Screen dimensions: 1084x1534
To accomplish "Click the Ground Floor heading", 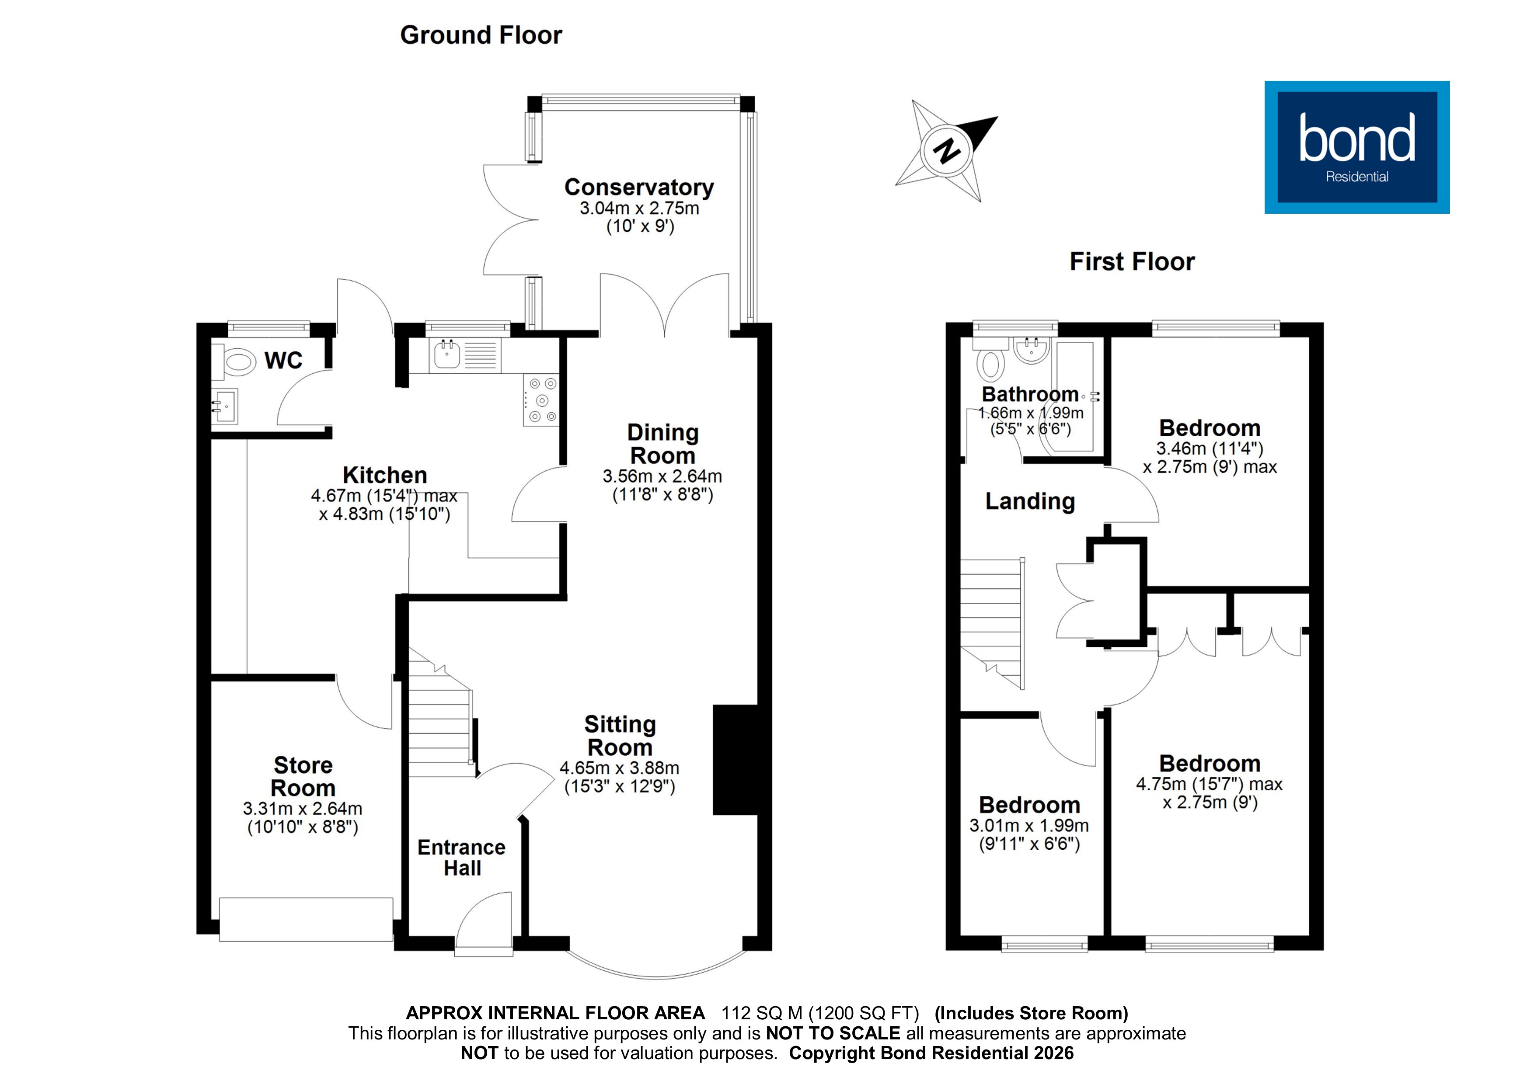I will point(481,35).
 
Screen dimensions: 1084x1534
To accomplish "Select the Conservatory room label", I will point(639,187).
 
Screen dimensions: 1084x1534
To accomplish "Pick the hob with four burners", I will point(541,400).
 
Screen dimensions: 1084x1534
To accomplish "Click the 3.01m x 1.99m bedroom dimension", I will point(1029,826).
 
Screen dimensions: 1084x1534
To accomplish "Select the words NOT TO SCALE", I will point(833,1033).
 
